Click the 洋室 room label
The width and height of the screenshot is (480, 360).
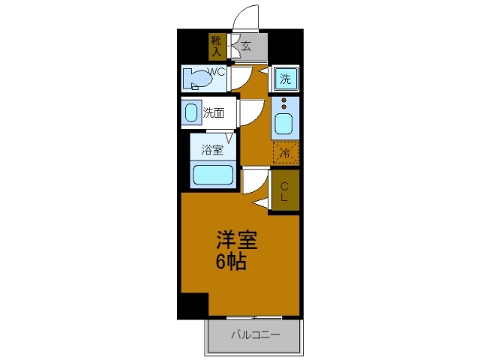(x=237, y=241)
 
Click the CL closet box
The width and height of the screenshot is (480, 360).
(x=285, y=190)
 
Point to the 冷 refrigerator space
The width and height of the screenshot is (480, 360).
(x=285, y=152)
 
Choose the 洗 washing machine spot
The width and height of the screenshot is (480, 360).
(x=285, y=79)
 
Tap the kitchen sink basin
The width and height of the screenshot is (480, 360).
(x=285, y=123)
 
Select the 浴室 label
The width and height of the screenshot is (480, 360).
(x=212, y=149)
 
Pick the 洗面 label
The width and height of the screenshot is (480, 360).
(x=214, y=114)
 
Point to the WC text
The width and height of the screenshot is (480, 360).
(x=217, y=73)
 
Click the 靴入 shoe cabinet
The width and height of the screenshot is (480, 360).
(x=216, y=46)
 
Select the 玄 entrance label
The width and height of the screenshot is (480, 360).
(x=245, y=46)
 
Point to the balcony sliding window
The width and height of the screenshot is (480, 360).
(x=255, y=316)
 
